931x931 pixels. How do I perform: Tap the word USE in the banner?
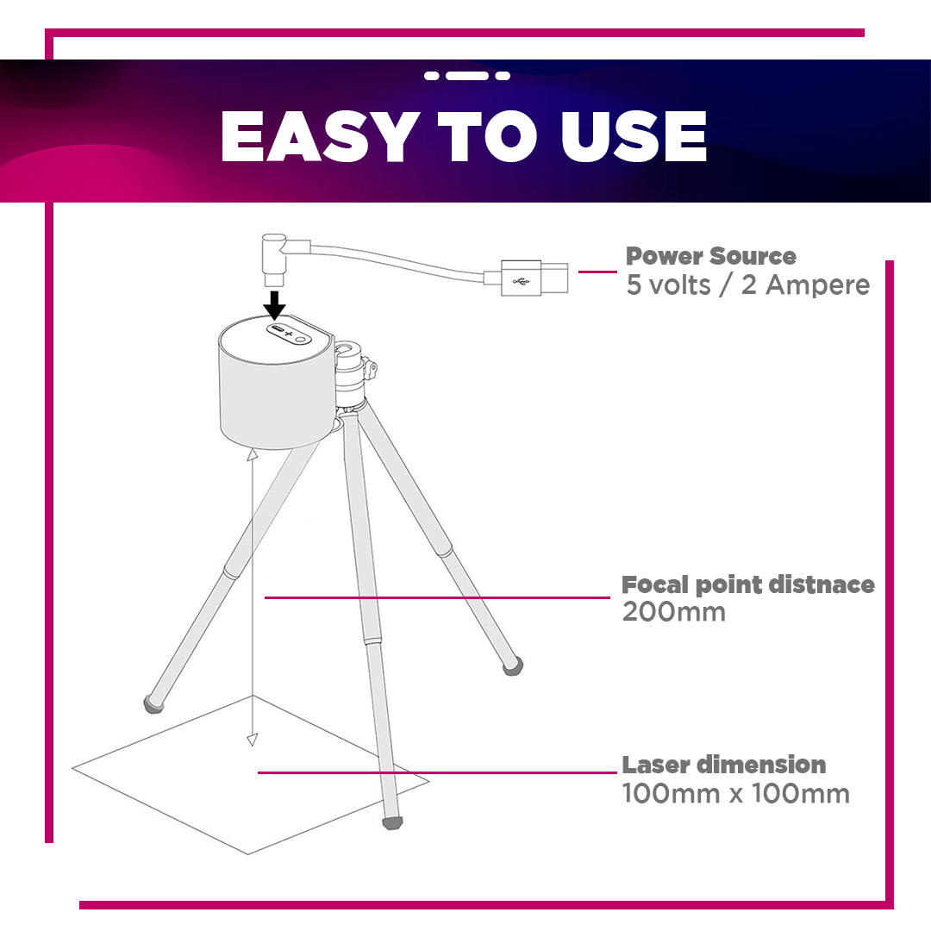coord(633,136)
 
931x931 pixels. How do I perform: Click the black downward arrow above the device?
coord(274,305)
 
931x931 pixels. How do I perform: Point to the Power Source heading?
coord(710,256)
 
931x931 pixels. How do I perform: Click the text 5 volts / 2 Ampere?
coord(748,285)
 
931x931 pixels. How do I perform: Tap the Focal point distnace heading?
coord(748,585)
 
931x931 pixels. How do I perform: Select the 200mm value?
coord(674,612)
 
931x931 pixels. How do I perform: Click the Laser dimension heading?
coord(724,765)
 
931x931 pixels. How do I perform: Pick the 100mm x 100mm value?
coord(735,793)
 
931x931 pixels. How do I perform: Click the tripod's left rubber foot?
coord(153,705)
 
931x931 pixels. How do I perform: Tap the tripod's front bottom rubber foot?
coord(392,822)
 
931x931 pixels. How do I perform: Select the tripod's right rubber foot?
coord(513,666)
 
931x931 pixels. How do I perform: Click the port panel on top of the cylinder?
coord(289,333)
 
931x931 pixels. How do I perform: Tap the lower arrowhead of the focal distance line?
coord(253,740)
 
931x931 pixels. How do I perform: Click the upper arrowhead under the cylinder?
coord(253,455)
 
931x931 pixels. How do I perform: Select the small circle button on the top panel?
coord(303,339)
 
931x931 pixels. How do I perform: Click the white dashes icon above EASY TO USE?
coord(467,75)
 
